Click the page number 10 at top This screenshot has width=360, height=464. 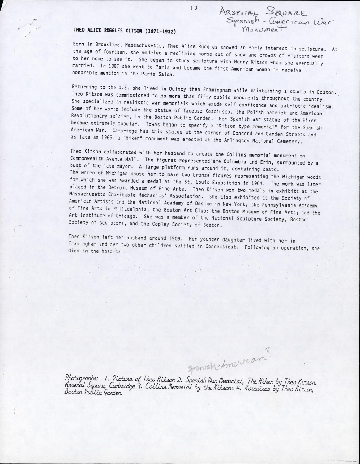click(194, 9)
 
